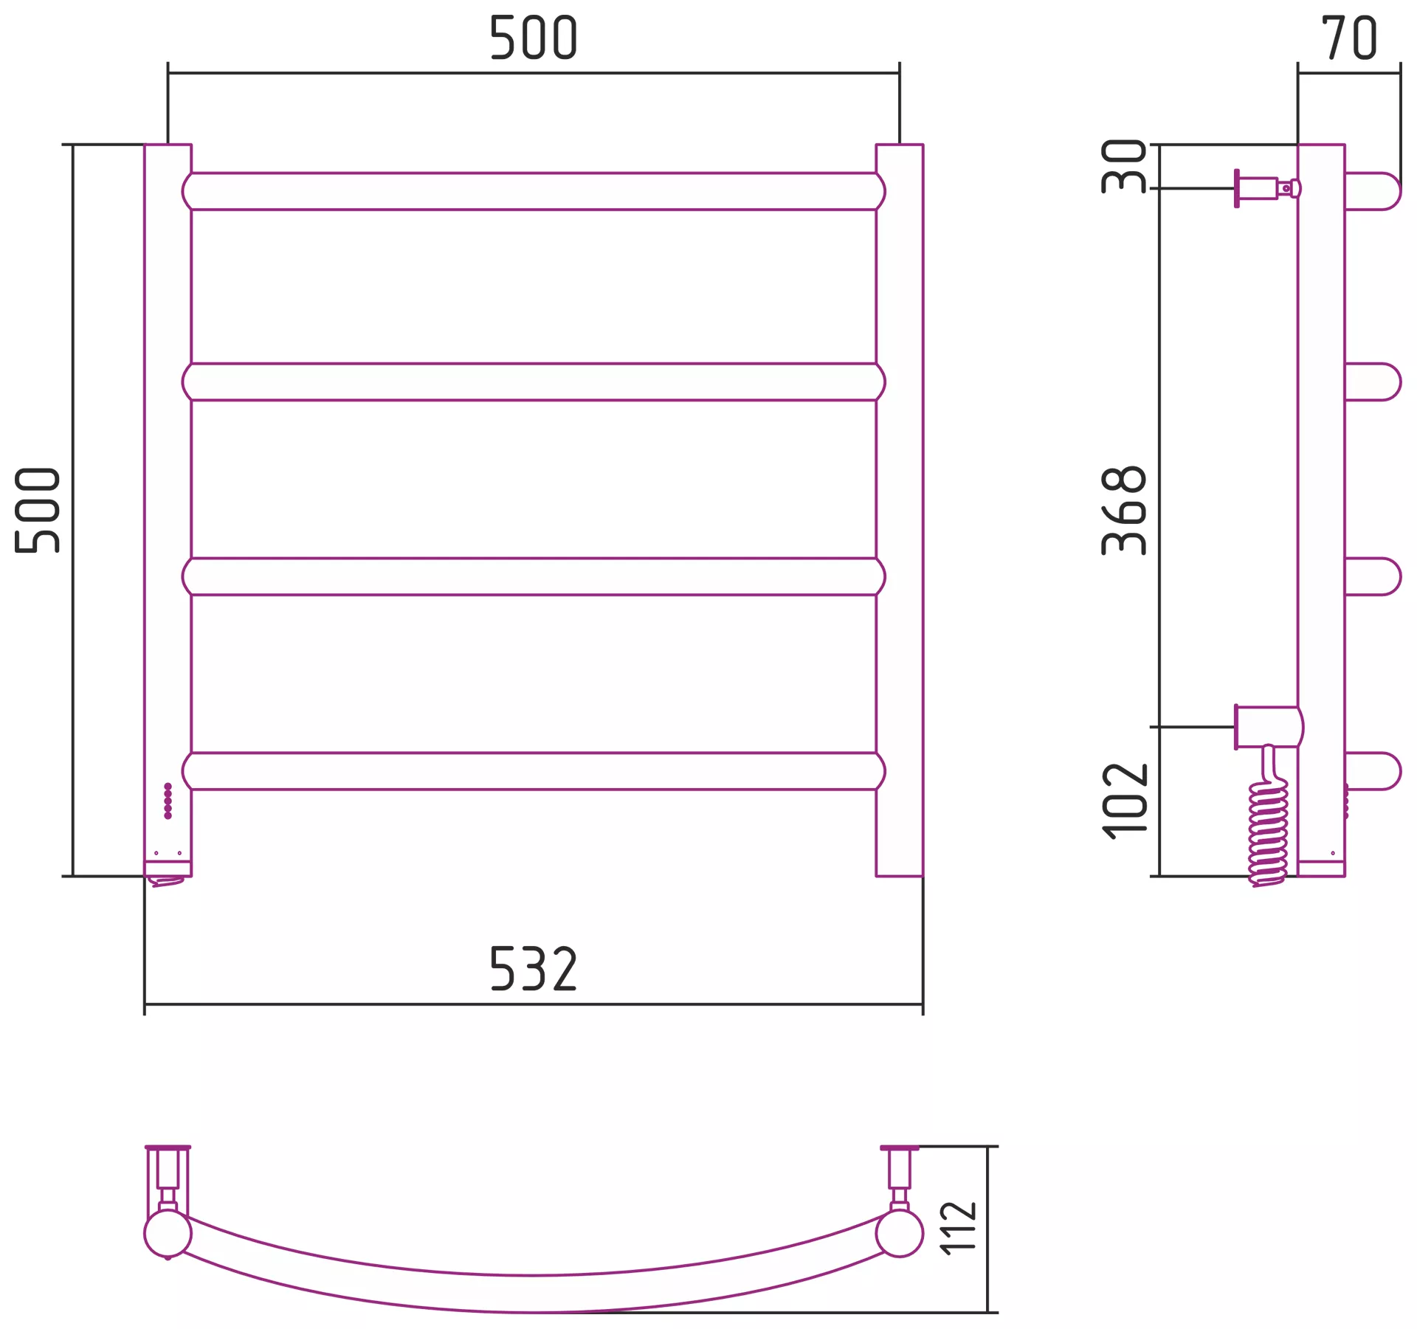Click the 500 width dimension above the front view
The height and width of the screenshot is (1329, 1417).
[533, 38]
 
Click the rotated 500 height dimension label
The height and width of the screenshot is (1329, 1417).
[38, 510]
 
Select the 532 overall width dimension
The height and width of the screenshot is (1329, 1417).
[533, 968]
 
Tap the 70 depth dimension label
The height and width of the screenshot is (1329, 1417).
[1349, 38]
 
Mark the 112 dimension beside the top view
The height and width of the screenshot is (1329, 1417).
[959, 1229]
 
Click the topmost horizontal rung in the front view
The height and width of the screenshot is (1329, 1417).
[534, 191]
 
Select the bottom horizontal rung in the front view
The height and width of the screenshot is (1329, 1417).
[534, 771]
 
